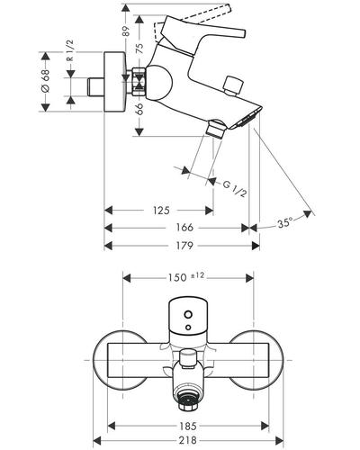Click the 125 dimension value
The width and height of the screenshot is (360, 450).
coord(161,211)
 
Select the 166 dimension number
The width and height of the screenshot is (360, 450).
coord(184,228)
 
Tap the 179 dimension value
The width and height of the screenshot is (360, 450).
coord(184,246)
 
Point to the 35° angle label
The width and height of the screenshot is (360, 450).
coord(284,222)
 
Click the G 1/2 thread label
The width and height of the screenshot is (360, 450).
coord(235,189)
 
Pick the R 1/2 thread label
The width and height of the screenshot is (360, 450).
coord(69,50)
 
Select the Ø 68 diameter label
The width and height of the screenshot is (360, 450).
coord(46,81)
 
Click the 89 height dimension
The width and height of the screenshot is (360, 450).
coord(126,31)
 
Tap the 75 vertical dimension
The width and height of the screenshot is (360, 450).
coord(139,48)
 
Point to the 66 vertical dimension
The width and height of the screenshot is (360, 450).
coord(139,109)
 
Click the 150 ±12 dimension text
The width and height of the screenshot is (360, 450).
coord(186,277)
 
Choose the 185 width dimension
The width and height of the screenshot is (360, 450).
coord(188,426)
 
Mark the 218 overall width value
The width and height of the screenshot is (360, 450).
coord(188,440)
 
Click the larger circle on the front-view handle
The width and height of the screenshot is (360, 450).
coord(188,314)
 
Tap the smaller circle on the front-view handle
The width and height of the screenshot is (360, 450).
coord(188,327)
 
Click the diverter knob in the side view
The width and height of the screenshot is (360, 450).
coord(234,85)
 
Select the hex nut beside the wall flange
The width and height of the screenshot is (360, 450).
coord(139,82)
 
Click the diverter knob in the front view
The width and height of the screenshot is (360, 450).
coord(187,359)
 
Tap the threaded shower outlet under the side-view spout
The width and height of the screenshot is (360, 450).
coord(216,129)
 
